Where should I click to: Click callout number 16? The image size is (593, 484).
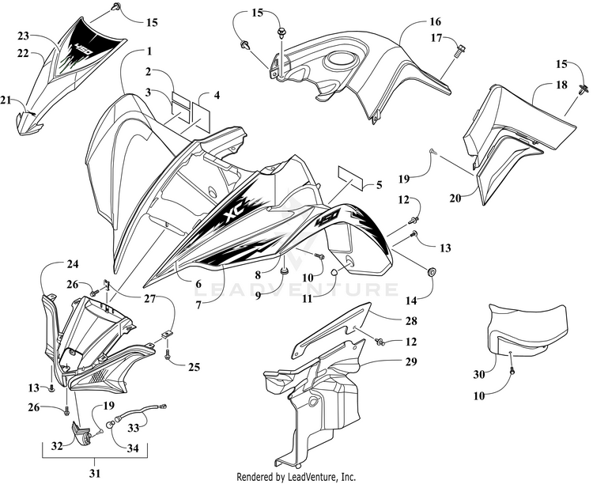point(414,21)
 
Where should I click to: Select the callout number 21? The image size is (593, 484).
point(6,100)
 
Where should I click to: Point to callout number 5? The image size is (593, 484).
point(379,186)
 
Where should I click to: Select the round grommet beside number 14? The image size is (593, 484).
point(432,272)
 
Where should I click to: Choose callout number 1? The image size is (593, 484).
point(148,51)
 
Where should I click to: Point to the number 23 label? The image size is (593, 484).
point(23,36)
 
